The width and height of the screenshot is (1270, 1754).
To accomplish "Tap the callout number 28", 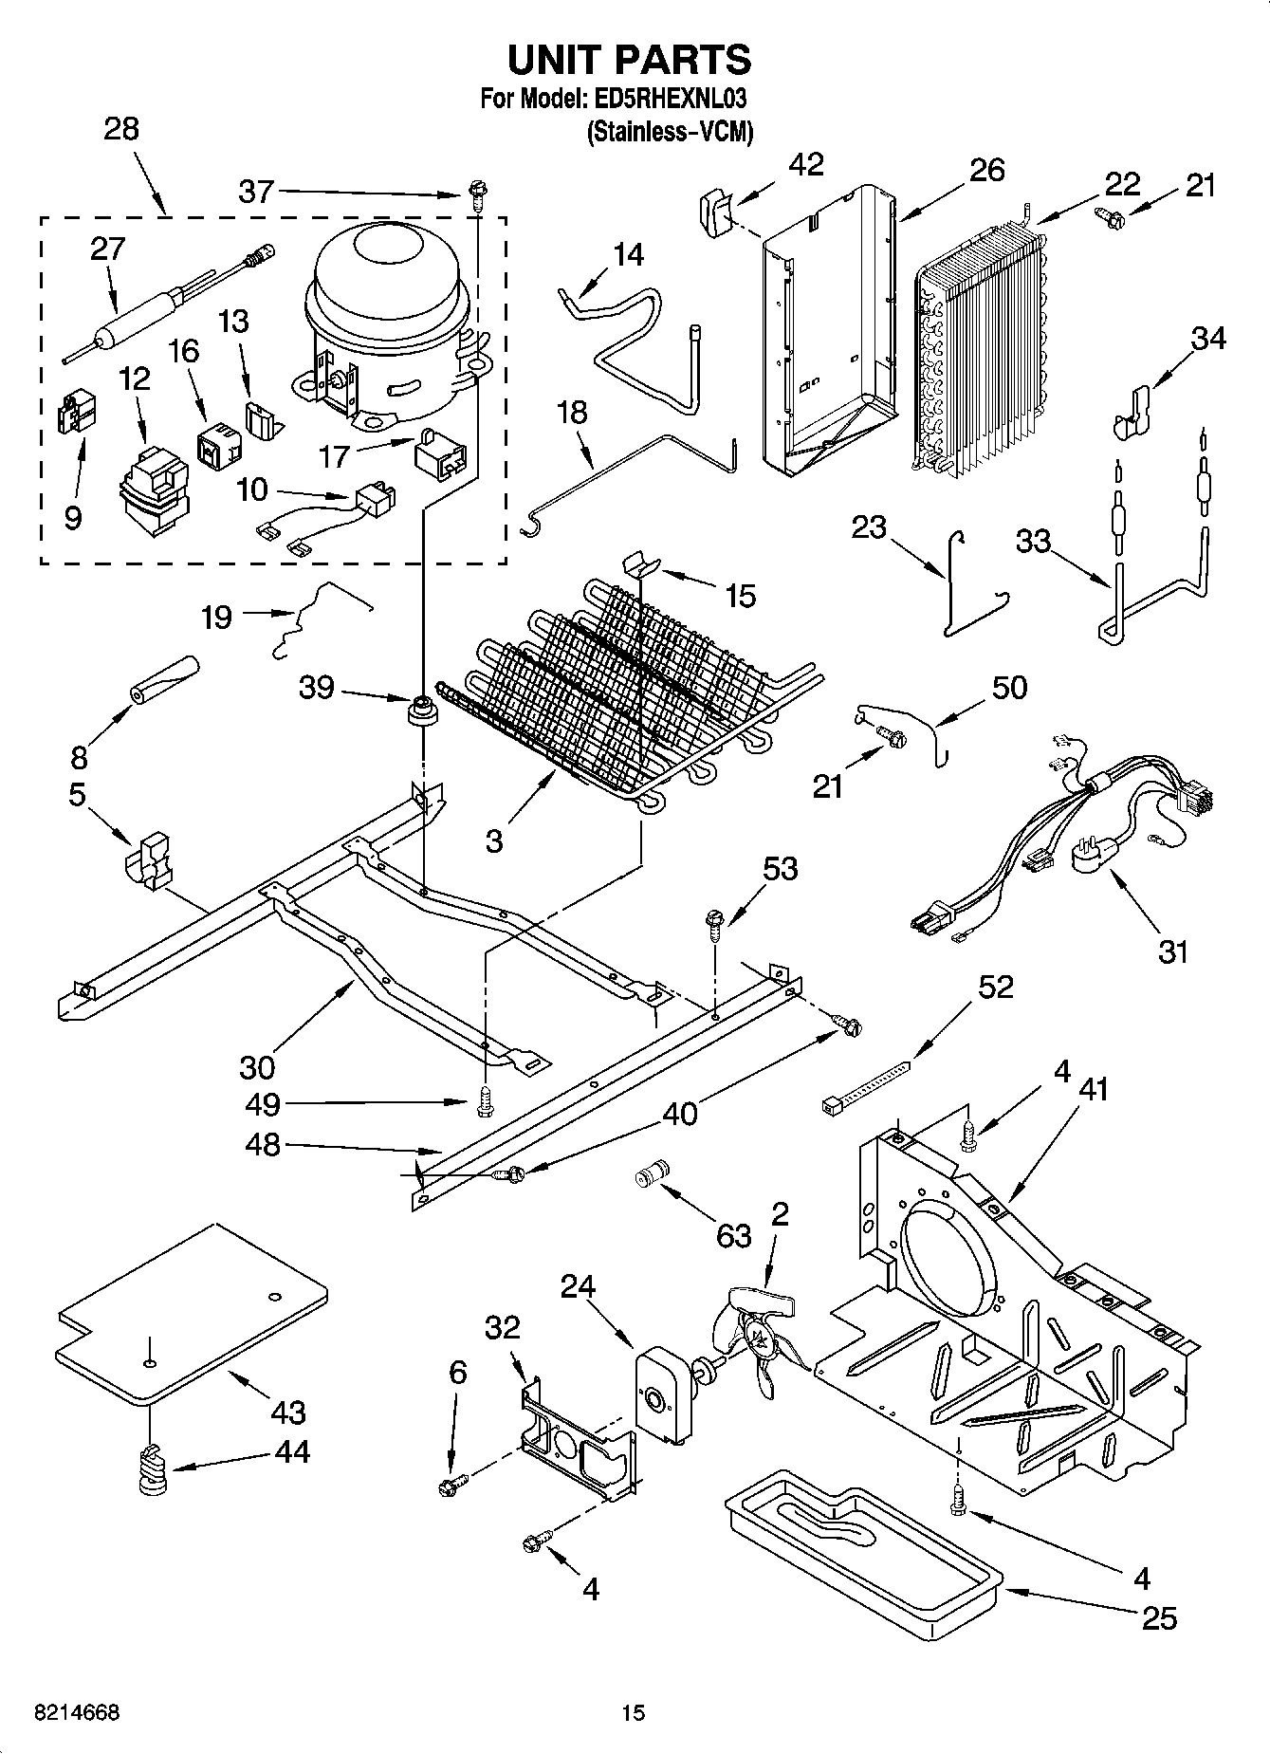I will tap(121, 130).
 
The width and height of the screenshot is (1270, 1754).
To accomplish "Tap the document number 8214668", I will tap(76, 1713).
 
